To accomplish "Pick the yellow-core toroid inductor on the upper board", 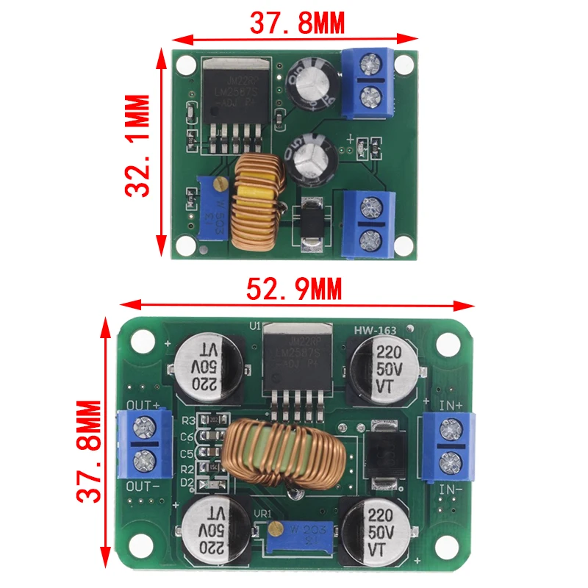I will tap(254, 203).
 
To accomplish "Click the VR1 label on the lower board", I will tap(263, 514).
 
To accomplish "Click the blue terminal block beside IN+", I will tap(448, 445).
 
